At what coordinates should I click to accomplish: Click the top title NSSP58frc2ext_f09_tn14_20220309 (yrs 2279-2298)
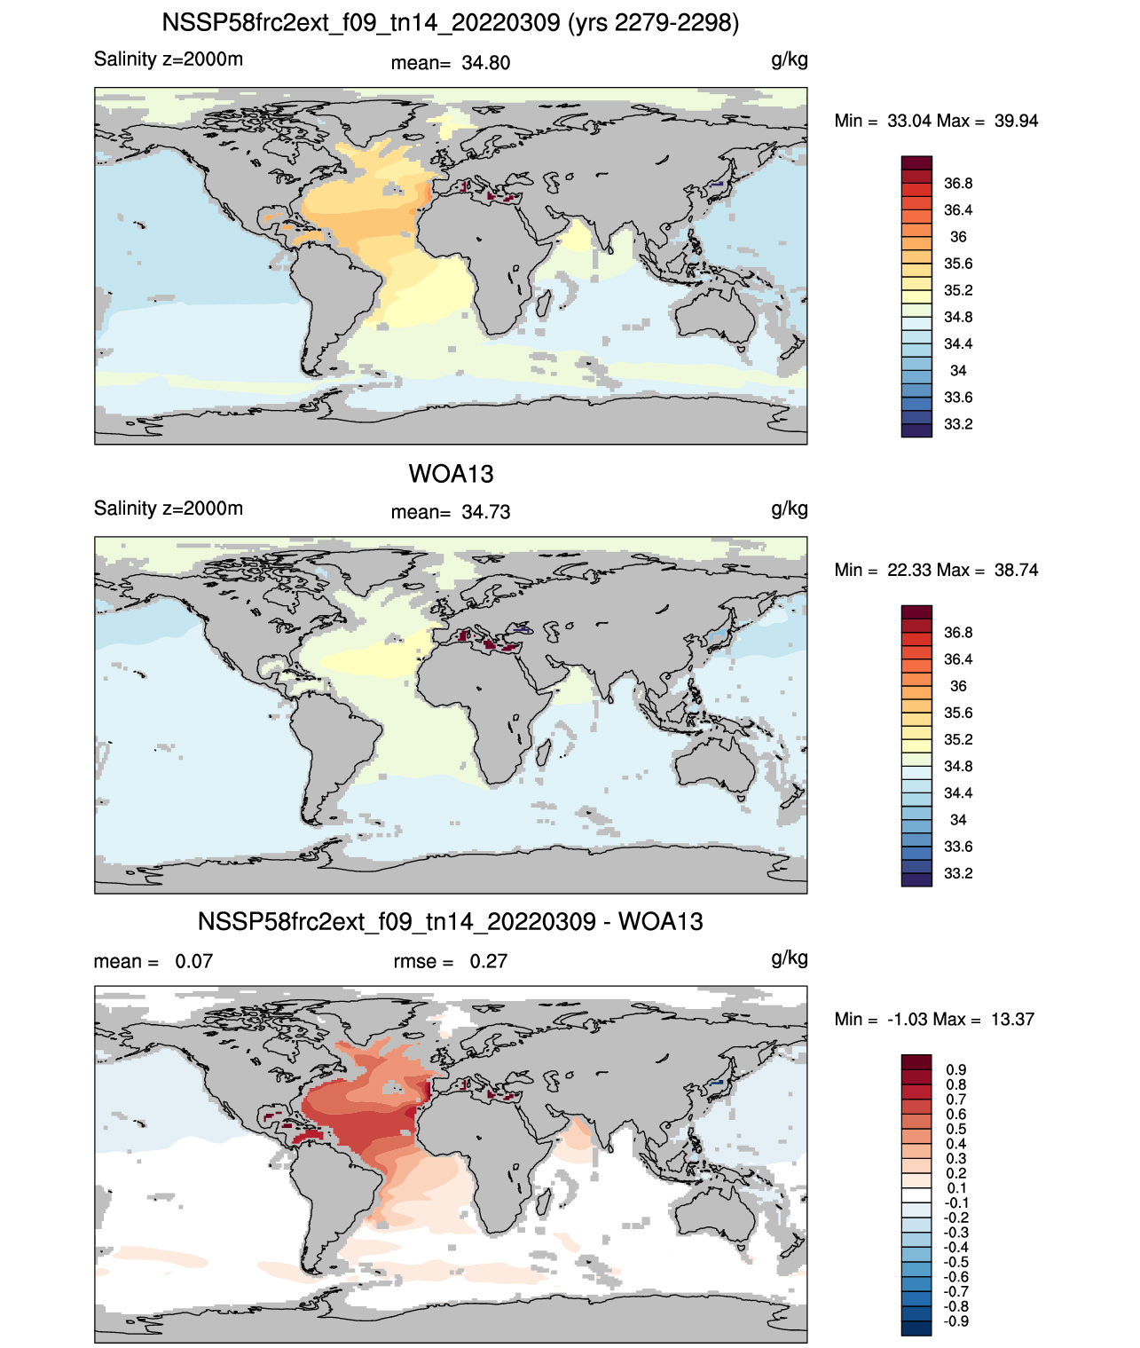pos(451,23)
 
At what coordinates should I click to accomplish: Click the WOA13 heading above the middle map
pos(451,474)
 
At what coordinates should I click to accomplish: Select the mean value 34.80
pos(485,63)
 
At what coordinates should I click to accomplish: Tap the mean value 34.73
pos(485,512)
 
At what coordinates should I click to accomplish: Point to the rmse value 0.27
pos(488,961)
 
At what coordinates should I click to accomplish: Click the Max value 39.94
pos(1016,121)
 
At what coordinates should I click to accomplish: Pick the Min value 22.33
pos(909,570)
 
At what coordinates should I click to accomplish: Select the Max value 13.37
pos(1013,1020)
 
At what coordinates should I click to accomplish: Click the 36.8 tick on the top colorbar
pos(958,184)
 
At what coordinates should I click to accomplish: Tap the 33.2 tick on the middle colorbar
pos(958,873)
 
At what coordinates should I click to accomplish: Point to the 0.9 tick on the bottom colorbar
pos(956,1070)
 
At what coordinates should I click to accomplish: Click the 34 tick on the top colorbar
pos(958,370)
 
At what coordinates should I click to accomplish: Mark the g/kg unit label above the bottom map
pos(790,958)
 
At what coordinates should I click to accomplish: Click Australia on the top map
pos(716,314)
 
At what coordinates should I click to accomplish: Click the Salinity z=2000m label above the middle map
pos(169,508)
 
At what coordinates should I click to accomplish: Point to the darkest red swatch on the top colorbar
pos(916,163)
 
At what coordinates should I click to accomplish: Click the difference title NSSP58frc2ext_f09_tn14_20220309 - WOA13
pos(451,921)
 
